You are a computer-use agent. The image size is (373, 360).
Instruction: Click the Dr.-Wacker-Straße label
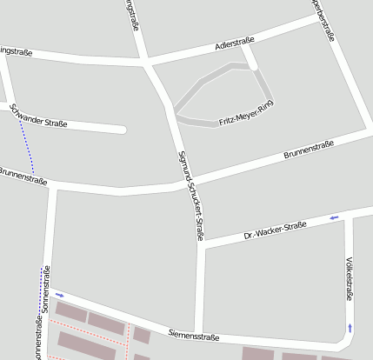click(276, 230)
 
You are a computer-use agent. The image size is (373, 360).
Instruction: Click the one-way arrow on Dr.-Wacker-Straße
click(334, 217)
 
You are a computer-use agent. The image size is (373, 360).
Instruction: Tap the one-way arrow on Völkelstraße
click(350, 327)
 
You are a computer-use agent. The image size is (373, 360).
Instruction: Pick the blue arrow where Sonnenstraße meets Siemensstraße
click(59, 295)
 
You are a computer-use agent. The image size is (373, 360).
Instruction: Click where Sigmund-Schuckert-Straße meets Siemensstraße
click(200, 332)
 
